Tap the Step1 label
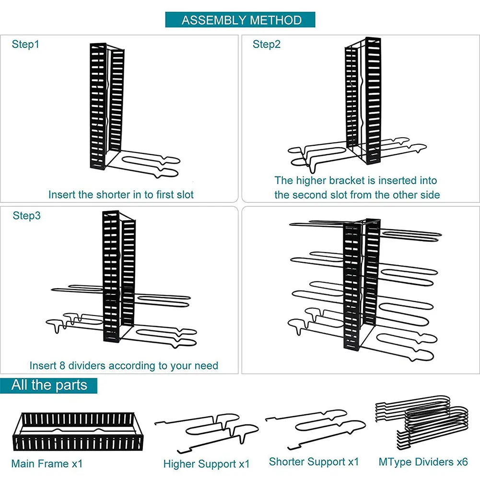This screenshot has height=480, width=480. pos(25,45)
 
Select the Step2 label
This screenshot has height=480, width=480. pos(267,45)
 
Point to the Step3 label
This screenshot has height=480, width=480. pos(27,216)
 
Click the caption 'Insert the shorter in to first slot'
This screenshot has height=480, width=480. pos(121,195)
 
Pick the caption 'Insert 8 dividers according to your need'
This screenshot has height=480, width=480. pos(124,365)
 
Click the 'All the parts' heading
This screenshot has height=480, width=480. pos(49,386)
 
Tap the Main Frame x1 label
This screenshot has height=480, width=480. pos(47,464)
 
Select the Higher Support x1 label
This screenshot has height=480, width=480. pos(206,464)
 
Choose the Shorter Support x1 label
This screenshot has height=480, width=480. pos(314,462)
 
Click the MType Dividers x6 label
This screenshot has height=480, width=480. pos(423,462)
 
